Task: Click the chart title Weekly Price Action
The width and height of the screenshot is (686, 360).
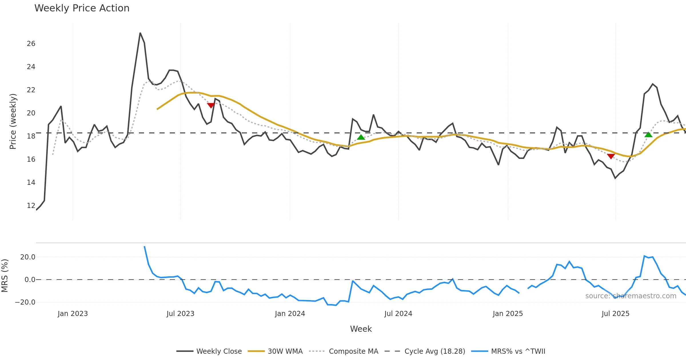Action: point(82,8)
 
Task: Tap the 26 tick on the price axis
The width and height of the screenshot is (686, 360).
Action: point(31,44)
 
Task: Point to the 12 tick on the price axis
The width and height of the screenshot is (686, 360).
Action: point(31,206)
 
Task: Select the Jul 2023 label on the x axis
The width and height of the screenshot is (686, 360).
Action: point(180,314)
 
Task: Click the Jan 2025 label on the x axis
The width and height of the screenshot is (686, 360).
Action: point(508,314)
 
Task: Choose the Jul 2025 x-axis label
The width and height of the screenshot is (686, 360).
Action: point(615,314)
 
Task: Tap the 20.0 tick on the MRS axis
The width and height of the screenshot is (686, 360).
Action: point(28,257)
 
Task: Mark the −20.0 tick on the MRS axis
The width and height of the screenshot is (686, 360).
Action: point(25,302)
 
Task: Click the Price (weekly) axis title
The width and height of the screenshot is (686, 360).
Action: point(13,121)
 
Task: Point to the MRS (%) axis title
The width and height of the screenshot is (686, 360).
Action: point(5,276)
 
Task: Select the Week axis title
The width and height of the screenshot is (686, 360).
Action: point(361,329)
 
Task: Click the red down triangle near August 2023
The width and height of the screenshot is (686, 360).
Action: point(211,105)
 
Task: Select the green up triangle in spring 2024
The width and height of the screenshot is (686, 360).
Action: point(361,137)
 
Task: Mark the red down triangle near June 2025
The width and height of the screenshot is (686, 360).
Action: point(611,156)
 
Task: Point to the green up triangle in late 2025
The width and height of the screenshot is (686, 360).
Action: point(649,135)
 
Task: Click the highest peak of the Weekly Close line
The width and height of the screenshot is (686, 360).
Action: point(140,33)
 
